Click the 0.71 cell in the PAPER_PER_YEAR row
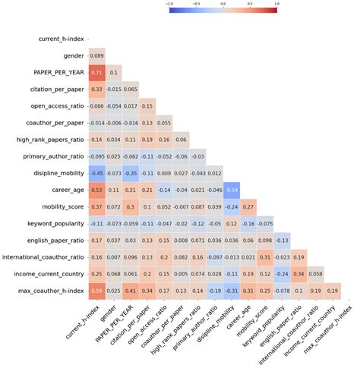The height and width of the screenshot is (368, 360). click(x=97, y=72)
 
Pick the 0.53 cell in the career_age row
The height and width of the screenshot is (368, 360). click(x=97, y=189)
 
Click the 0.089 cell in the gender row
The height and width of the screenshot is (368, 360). click(x=97, y=55)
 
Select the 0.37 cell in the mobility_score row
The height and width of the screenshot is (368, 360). click(x=97, y=206)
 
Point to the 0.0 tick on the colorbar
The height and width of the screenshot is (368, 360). click(x=223, y=4)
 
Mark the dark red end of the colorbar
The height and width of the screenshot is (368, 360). click(x=275, y=13)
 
